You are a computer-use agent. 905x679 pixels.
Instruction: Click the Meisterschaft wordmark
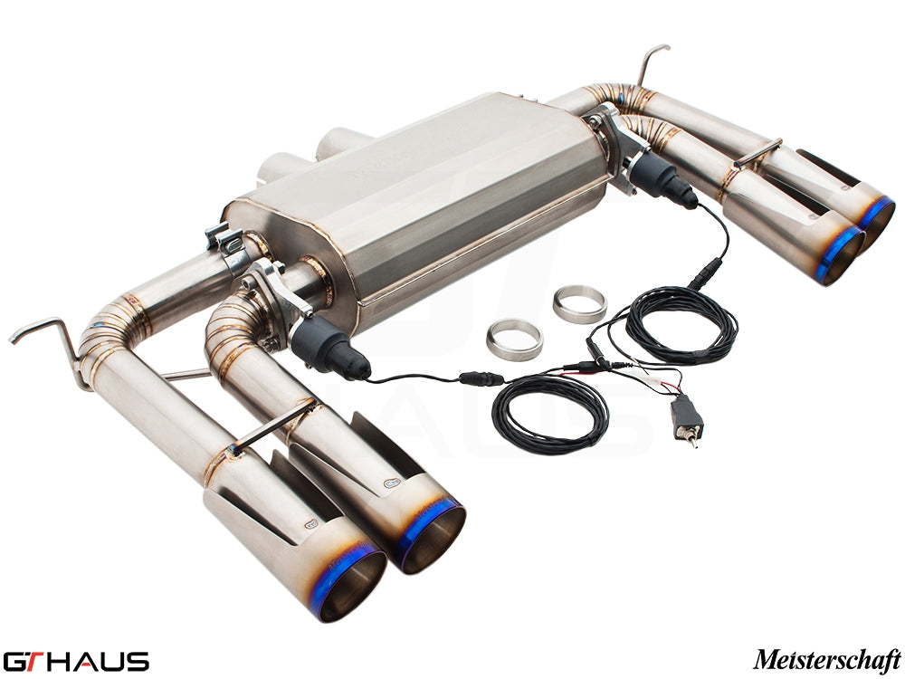[826, 658]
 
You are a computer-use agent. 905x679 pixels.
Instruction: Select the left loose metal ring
[514, 338]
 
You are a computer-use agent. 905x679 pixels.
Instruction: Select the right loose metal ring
[579, 304]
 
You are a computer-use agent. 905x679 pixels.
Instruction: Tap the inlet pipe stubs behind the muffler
[317, 154]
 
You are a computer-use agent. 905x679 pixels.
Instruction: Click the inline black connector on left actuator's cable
[474, 378]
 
